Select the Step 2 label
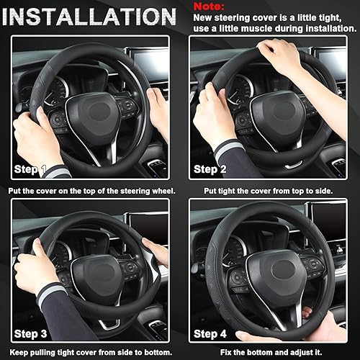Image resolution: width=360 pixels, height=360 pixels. [210, 170]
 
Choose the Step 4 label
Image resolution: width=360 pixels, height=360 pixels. [210, 333]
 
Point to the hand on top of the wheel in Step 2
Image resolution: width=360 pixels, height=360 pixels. [282, 51]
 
